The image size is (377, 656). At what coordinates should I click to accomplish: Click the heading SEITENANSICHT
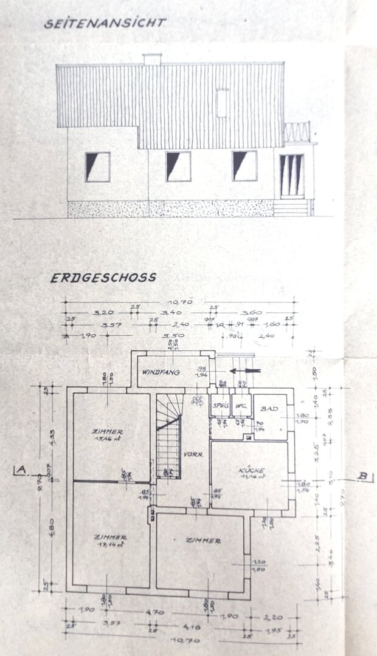(x=105, y=23)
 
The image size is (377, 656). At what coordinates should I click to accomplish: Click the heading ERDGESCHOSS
(x=103, y=278)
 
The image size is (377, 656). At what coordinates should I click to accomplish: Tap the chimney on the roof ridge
(x=151, y=59)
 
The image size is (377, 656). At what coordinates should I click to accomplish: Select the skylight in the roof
(x=223, y=103)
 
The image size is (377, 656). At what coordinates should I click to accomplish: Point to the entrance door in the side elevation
(x=291, y=176)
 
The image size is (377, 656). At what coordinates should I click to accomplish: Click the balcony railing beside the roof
(x=297, y=132)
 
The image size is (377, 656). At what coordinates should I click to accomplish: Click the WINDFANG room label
(x=161, y=372)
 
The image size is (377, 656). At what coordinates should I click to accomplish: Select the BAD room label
(x=270, y=409)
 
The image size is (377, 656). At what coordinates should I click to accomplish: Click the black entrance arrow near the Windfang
(x=245, y=371)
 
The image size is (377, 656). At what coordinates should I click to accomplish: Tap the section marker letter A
(x=21, y=470)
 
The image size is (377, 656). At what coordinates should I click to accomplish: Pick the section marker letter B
(x=363, y=477)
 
